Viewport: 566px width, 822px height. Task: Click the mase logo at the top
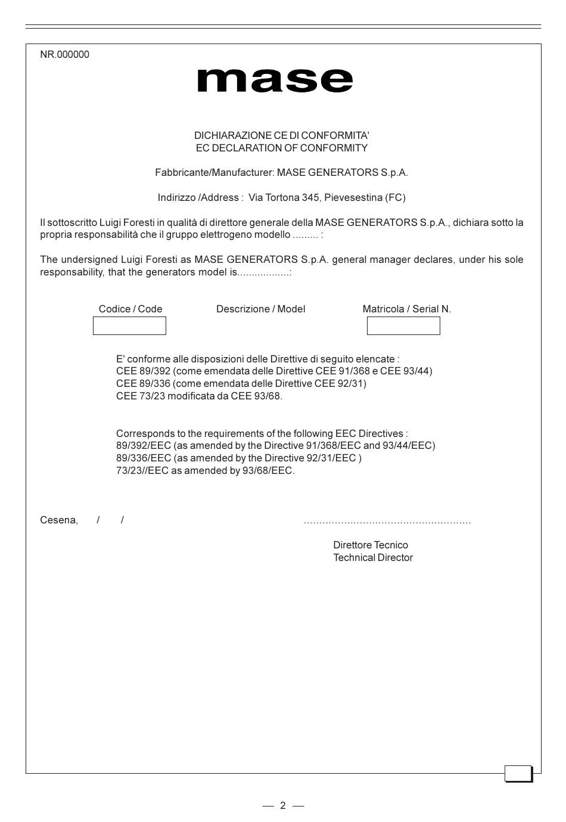pyautogui.click(x=275, y=81)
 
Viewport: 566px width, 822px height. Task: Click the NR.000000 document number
pyautogui.click(x=64, y=55)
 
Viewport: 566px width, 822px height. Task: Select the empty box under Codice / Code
pyautogui.click(x=129, y=326)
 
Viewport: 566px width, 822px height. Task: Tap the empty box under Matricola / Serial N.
pyautogui.click(x=403, y=326)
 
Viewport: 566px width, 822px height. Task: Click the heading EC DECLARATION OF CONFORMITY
pyautogui.click(x=281, y=148)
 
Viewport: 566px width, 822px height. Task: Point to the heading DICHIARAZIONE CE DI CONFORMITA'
pyautogui.click(x=281, y=135)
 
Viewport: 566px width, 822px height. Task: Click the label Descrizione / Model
pyautogui.click(x=260, y=309)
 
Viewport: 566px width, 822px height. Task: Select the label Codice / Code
pyautogui.click(x=130, y=309)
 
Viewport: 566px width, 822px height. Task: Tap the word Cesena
pyautogui.click(x=58, y=520)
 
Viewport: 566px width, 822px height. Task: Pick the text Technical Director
pyautogui.click(x=373, y=558)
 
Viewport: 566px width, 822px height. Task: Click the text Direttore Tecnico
pyautogui.click(x=371, y=545)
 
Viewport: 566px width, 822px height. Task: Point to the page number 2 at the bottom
pyautogui.click(x=283, y=806)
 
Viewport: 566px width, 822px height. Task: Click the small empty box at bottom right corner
pyautogui.click(x=518, y=774)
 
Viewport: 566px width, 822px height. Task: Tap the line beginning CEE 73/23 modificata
pyautogui.click(x=199, y=396)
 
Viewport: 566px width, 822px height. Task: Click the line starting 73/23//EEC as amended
pyautogui.click(x=205, y=471)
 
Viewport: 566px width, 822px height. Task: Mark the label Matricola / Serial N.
pyautogui.click(x=406, y=309)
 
